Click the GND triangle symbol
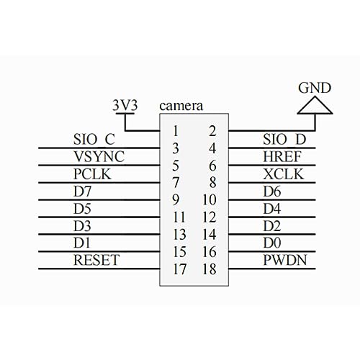pyautogui.click(x=316, y=107)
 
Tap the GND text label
pyautogui.click(x=316, y=89)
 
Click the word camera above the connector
pyautogui.click(x=181, y=105)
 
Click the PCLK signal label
pyautogui.click(x=91, y=174)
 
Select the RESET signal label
pyautogui.click(x=96, y=260)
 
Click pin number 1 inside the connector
pyautogui.click(x=175, y=130)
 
